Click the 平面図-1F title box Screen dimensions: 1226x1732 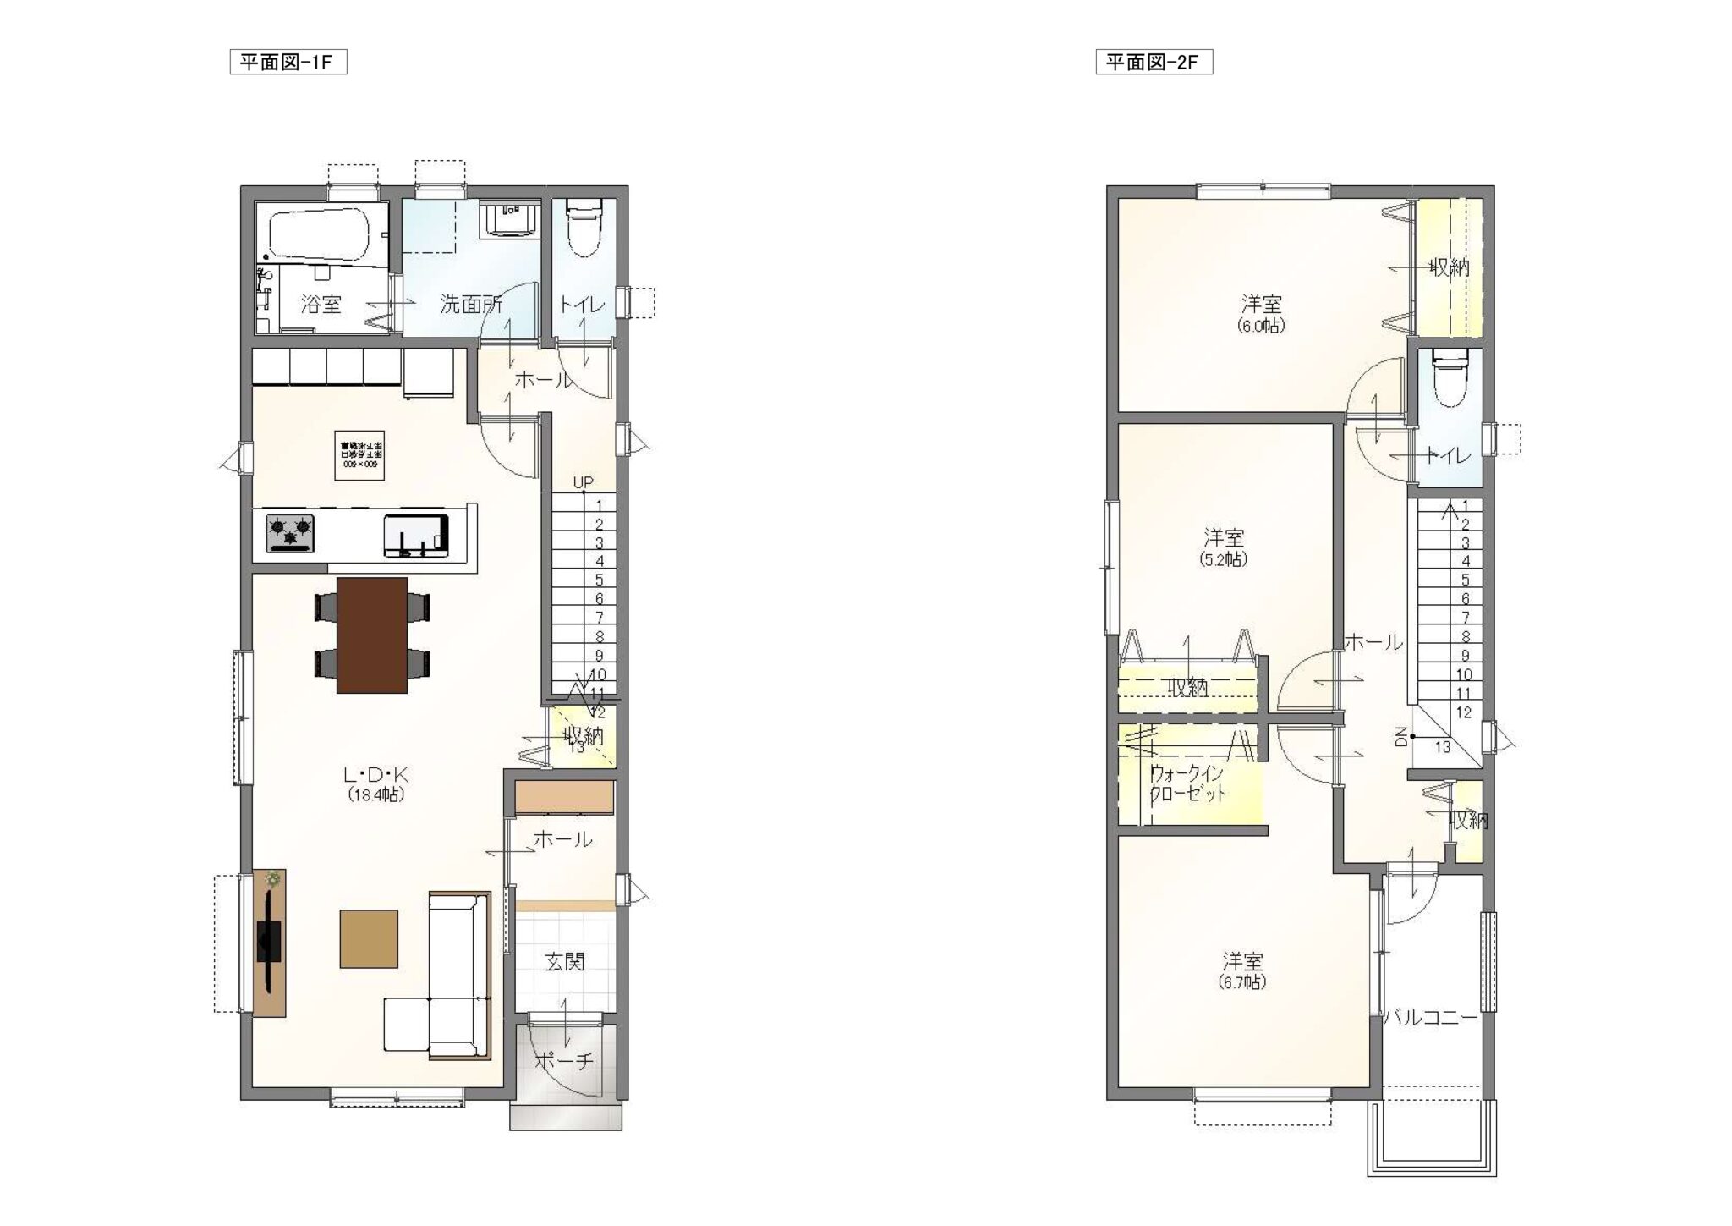tap(288, 63)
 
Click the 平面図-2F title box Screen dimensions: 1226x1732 tap(1154, 63)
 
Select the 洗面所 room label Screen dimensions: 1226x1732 tap(471, 305)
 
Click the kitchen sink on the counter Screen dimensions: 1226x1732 tap(415, 535)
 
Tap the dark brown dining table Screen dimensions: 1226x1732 tap(372, 635)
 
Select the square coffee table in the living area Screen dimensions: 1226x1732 tap(369, 938)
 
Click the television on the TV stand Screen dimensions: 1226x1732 tap(269, 938)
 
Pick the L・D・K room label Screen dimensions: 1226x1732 tap(375, 774)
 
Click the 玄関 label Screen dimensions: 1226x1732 tap(564, 962)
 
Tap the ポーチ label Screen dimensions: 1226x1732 tap(564, 1062)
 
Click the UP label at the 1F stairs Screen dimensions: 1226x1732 tap(583, 482)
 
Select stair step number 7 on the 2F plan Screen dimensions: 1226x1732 tap(1466, 618)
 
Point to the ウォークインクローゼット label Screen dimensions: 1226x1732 tap(1187, 783)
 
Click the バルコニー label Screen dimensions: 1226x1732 tap(1431, 1018)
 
